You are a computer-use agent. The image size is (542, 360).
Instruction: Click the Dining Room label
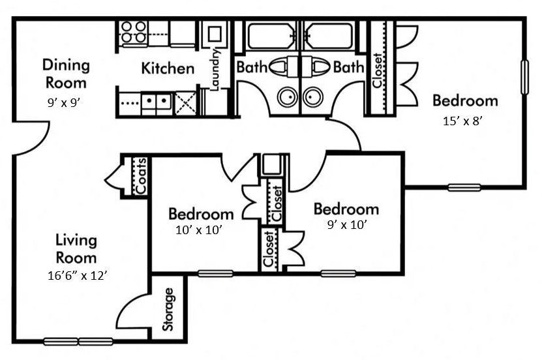click(x=66, y=74)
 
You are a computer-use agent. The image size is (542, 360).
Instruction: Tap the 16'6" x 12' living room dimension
click(x=72, y=276)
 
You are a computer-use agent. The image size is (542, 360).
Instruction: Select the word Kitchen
click(x=168, y=68)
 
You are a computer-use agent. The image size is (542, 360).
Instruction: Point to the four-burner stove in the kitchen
click(x=133, y=32)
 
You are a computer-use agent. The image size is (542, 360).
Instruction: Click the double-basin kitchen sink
click(x=156, y=101)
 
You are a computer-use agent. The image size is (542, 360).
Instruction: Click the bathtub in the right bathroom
click(x=329, y=36)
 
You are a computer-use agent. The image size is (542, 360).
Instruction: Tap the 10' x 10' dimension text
click(x=200, y=230)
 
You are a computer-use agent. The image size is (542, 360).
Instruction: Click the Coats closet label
click(x=141, y=175)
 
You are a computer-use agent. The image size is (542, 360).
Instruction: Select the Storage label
click(x=169, y=309)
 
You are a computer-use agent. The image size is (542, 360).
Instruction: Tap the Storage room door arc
click(x=134, y=312)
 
